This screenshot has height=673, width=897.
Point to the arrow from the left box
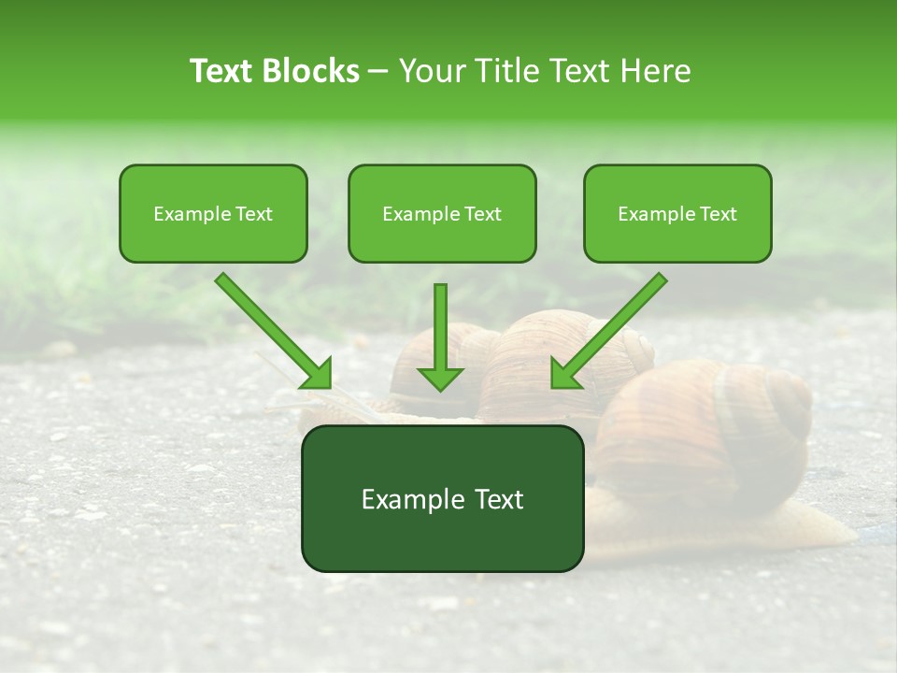pos(271,328)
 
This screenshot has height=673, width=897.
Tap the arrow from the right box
pos(612,327)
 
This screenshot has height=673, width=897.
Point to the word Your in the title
pos(432,71)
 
